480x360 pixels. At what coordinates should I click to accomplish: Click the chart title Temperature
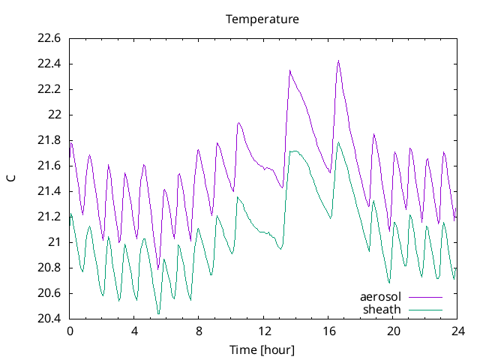pos(262,19)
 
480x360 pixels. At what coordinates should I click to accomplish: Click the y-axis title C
pos(11,178)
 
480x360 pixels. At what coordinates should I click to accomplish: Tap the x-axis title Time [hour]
pos(262,350)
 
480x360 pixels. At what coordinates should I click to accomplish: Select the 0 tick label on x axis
pos(70,331)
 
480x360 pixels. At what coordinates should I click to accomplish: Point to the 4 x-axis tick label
pos(134,331)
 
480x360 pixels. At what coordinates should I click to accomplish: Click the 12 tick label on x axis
pos(264,331)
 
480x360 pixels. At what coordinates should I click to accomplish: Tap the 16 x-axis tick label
pos(328,331)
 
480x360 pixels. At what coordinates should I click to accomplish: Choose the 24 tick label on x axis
pos(457,331)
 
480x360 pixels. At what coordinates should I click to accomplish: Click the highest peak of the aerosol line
pos(338,61)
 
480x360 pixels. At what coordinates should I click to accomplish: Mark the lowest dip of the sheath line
pos(158,313)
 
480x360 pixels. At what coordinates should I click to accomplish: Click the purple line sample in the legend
pos(425,297)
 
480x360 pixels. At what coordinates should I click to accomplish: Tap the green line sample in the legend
pos(425,309)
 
